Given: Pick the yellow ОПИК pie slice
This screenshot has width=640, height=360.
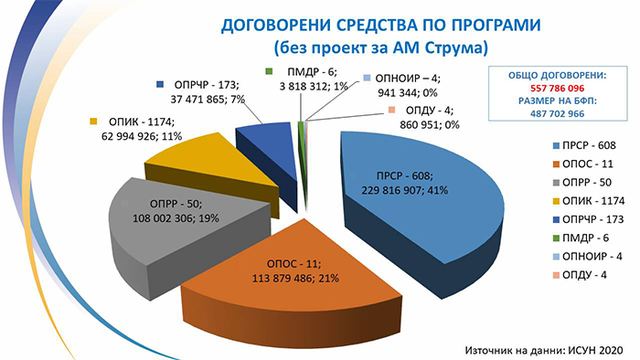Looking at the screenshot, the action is (x=217, y=167).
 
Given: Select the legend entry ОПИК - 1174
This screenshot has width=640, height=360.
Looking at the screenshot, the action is (x=588, y=201).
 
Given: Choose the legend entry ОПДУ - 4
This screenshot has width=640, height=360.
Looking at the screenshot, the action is (x=579, y=275).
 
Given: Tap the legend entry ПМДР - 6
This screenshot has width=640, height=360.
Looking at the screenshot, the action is (x=581, y=238).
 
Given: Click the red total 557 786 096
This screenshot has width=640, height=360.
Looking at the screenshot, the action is (x=558, y=88).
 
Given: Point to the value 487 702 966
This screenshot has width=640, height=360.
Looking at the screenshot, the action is (x=558, y=113).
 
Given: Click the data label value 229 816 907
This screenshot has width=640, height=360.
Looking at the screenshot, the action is (x=390, y=190).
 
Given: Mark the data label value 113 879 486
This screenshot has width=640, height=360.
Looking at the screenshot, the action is (x=281, y=279).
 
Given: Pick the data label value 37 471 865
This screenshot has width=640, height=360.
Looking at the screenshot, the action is (x=198, y=99).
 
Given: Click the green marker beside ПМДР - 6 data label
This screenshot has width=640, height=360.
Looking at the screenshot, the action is (x=269, y=71).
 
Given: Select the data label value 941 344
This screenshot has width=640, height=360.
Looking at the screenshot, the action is (x=397, y=93).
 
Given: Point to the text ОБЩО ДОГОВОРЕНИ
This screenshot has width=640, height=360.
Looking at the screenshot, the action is (x=557, y=76).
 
